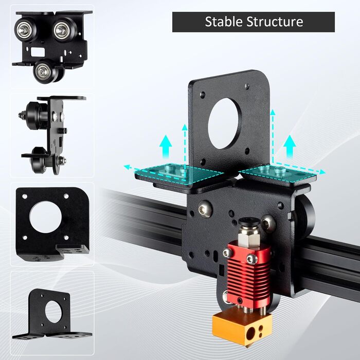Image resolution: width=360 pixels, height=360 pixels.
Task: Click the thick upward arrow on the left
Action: (x=165, y=147)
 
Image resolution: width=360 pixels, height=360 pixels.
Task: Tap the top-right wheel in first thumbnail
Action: (x=64, y=30)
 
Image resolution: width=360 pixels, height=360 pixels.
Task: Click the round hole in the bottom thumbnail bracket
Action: (x=53, y=312)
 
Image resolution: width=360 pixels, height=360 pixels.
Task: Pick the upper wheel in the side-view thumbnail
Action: (x=33, y=114)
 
